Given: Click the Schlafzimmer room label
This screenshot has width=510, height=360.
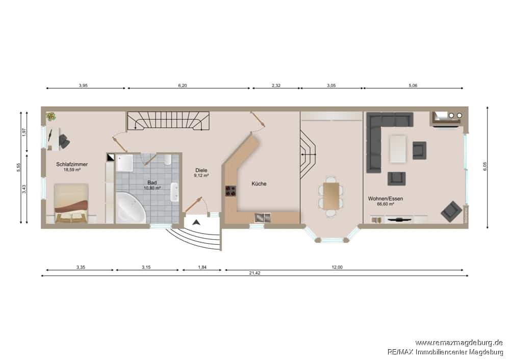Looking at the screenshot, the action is tap(72, 164).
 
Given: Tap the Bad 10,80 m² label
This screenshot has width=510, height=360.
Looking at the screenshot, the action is tap(152, 185).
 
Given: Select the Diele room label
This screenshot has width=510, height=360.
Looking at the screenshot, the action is tap(201, 170).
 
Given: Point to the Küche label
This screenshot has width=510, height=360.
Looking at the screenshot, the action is tap(259, 184).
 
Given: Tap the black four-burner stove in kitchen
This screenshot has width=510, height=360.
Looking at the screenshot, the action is tap(231, 191).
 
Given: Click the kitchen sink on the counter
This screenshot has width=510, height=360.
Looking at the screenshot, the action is tap(262, 217).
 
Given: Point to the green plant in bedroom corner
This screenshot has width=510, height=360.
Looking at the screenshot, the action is tap(50, 116).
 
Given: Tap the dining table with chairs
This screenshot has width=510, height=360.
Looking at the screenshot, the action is tap(331, 196).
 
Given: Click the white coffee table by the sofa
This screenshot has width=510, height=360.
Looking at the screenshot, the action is tap(398, 149).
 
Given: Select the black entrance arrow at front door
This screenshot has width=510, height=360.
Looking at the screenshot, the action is tap(196, 222).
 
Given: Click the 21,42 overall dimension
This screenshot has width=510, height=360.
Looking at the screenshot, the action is tap(254, 273).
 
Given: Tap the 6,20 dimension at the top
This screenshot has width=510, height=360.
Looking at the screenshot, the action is tap(183, 86).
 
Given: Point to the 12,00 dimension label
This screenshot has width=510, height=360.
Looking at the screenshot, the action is tap(337, 267).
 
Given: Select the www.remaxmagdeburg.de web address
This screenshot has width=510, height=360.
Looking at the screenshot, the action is tap(459, 343).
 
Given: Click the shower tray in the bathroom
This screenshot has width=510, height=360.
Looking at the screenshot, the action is tap(124, 163).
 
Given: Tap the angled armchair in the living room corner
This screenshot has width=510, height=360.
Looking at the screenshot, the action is tap(451, 212).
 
